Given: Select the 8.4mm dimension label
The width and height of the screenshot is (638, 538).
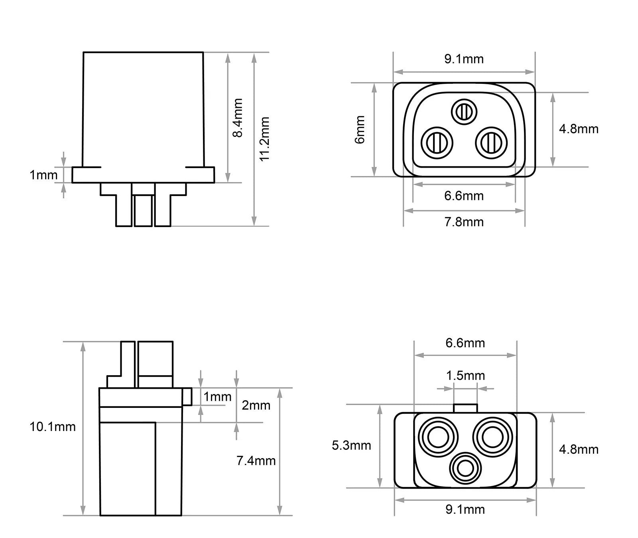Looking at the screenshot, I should [238, 118].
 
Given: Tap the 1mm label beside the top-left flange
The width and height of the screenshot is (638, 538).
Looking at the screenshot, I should [43, 174].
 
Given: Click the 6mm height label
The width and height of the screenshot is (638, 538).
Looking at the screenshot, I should [360, 130].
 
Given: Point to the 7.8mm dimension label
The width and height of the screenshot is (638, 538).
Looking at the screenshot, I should [464, 222].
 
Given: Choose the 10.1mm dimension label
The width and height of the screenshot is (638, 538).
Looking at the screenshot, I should [53, 427].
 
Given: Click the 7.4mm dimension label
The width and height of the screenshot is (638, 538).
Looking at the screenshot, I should [256, 461].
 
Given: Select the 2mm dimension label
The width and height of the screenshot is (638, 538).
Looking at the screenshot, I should [256, 405].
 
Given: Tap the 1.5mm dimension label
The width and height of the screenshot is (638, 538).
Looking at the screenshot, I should [465, 376].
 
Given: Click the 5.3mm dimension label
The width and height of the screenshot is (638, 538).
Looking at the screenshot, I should [351, 445].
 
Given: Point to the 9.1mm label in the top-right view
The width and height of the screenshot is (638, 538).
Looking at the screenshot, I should [464, 59].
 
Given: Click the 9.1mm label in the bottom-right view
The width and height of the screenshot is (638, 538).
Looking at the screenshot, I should [465, 509].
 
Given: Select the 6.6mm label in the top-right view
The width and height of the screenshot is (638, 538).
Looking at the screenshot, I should [464, 196].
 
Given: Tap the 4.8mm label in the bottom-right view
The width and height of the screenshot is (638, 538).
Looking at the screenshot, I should [579, 449].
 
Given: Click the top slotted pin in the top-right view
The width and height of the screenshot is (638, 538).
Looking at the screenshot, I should [464, 111].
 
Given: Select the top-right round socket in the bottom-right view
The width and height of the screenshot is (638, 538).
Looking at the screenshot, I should [492, 437].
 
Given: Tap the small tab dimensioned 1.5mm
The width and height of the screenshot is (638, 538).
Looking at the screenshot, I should [465, 408].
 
